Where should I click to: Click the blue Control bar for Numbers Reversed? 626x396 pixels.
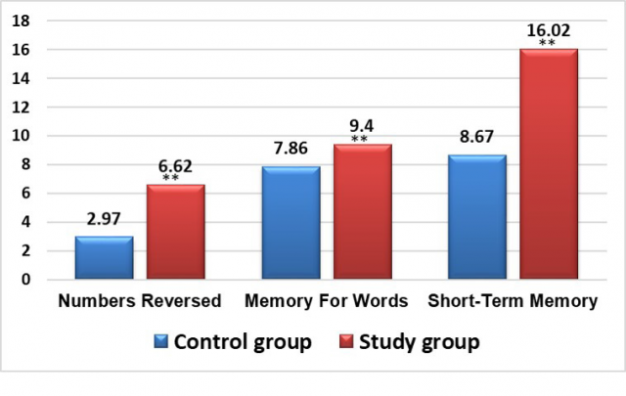click(104, 258)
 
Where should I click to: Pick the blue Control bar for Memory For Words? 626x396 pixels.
click(291, 223)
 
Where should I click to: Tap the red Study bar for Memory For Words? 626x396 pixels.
click(363, 212)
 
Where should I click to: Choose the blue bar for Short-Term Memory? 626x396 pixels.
click(477, 217)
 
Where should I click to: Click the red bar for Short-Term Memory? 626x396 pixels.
click(549, 164)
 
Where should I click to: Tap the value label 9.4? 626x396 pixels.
click(363, 124)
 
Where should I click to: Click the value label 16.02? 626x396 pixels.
click(549, 29)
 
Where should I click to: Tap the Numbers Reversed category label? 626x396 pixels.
click(140, 302)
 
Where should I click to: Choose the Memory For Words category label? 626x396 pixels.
click(327, 302)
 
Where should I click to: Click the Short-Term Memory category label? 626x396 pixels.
click(513, 302)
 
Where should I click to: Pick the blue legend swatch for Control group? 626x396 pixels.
click(161, 343)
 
